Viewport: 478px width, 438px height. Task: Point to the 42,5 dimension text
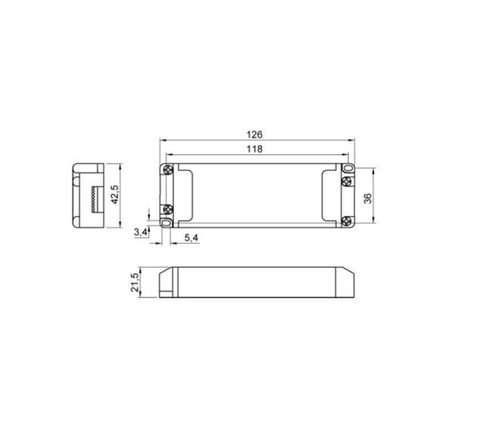pos(115,194)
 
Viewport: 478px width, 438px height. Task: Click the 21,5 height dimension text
pos(135,283)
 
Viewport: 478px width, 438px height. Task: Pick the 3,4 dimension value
pos(141,233)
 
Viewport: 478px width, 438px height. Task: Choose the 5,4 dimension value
pos(191,238)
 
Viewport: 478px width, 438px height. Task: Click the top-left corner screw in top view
pos(168,170)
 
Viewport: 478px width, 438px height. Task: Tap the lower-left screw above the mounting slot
pos(168,210)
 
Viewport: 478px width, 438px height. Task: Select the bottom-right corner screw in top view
pos(347,221)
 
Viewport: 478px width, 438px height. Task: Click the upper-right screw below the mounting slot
pos(347,181)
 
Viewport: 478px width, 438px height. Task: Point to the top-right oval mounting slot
pos(348,169)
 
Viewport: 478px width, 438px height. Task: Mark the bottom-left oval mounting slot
pos(166,223)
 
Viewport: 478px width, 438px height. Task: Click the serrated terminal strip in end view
pos(94,199)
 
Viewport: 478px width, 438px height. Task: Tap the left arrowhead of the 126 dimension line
pos(162,140)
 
